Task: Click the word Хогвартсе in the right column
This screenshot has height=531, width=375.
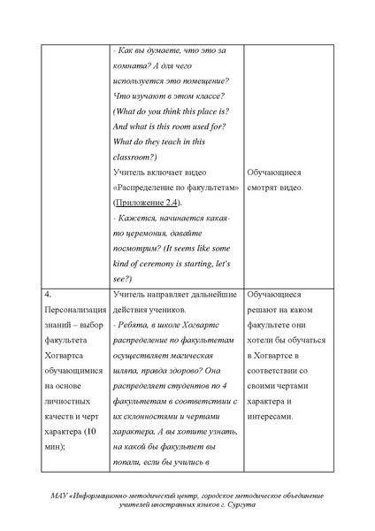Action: [275, 361]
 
